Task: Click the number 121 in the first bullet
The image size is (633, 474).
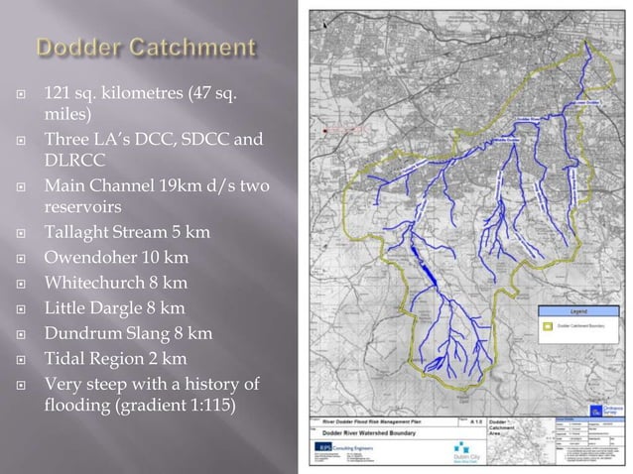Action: pyautogui.click(x=57, y=94)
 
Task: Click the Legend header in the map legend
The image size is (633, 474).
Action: pyautogui.click(x=578, y=310)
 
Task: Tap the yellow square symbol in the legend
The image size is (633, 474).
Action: pyautogui.click(x=545, y=323)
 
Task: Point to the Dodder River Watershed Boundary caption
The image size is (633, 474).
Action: pyautogui.click(x=363, y=429)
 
